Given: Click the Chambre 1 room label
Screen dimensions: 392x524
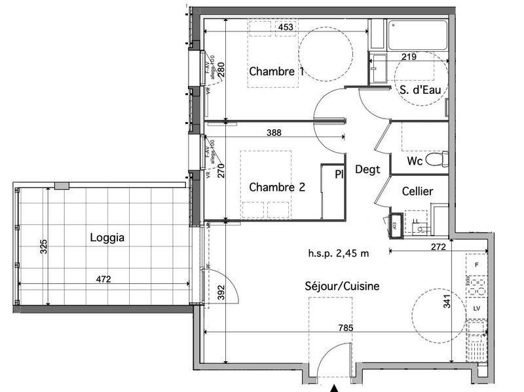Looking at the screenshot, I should [276, 71].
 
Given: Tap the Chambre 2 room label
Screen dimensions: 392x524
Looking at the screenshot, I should [277, 187].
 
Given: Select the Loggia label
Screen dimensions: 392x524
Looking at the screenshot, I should [107, 239].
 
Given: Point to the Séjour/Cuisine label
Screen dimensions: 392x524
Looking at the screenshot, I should [342, 286].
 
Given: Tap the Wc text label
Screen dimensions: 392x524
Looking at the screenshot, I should [414, 161].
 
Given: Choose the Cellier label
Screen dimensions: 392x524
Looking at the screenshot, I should [417, 191].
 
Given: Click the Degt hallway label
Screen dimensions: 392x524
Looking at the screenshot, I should [367, 169].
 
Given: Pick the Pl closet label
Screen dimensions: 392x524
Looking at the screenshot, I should [339, 174].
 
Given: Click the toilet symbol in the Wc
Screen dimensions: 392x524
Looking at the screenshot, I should [436, 159].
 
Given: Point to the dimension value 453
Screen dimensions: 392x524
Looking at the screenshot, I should [285, 28].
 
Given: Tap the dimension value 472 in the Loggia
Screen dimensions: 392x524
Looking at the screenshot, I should [103, 279].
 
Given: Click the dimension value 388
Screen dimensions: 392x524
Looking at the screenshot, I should [274, 132].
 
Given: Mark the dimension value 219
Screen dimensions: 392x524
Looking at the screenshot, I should [409, 57].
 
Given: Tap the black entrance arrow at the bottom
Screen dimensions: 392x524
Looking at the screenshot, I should [335, 388].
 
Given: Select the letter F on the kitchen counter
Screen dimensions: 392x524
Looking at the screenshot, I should [476, 265].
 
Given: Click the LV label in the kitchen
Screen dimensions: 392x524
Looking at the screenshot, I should [476, 308].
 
